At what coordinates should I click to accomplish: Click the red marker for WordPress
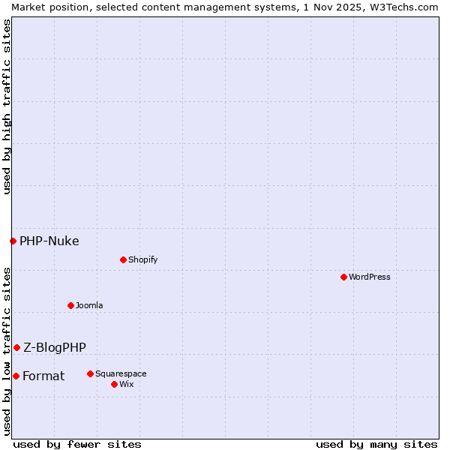pyautogui.click(x=343, y=277)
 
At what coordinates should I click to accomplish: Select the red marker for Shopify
pyautogui.click(x=123, y=259)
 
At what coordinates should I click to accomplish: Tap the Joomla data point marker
pyautogui.click(x=70, y=305)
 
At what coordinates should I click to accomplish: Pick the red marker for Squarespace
pyautogui.click(x=90, y=373)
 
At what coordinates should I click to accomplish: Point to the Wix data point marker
pyautogui.click(x=114, y=384)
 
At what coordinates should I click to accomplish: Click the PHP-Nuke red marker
pyautogui.click(x=13, y=241)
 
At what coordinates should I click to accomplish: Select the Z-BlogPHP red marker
pyautogui.click(x=16, y=347)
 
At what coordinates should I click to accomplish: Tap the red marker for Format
pyautogui.click(x=16, y=376)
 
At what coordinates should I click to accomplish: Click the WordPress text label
pyautogui.click(x=370, y=277)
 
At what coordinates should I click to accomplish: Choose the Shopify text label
pyautogui.click(x=142, y=259)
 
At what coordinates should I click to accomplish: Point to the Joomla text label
pyautogui.click(x=89, y=305)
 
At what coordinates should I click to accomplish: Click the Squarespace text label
pyautogui.click(x=121, y=373)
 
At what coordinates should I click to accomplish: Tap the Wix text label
pyautogui.click(x=127, y=384)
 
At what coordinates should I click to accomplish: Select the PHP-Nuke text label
pyautogui.click(x=49, y=241)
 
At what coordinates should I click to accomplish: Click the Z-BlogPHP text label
pyautogui.click(x=55, y=347)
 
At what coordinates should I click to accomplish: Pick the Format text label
pyautogui.click(x=43, y=376)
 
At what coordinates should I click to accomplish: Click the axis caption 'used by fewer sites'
pyautogui.click(x=77, y=444)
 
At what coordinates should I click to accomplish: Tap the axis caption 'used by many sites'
pyautogui.click(x=376, y=444)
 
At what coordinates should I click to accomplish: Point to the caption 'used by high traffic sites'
pyautogui.click(x=7, y=106)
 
